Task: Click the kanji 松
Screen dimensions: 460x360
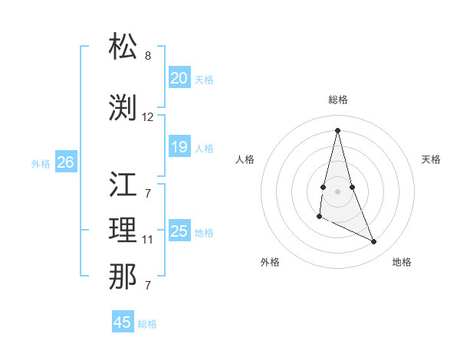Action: pos(123,47)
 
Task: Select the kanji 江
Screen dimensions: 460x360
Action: pos(123,184)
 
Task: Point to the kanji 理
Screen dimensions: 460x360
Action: pos(123,230)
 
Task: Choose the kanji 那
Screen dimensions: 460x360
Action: pos(123,277)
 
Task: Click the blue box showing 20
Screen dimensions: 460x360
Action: pos(179,78)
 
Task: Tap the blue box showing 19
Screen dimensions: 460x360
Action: pos(179,147)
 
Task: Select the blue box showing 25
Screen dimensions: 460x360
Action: pos(179,231)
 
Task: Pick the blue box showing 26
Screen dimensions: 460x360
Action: pos(66,162)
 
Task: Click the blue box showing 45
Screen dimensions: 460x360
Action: pos(123,322)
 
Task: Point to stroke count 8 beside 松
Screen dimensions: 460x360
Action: pos(148,56)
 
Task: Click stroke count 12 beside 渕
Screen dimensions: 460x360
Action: pos(148,117)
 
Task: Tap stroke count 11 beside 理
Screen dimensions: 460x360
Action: pos(148,240)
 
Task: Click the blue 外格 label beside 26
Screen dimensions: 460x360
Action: pos(41,163)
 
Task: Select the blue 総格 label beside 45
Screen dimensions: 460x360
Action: pos(147,324)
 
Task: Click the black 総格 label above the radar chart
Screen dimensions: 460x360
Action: pos(338,100)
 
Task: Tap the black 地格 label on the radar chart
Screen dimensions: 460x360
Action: pos(402,262)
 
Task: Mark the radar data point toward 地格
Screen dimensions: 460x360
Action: pos(374,242)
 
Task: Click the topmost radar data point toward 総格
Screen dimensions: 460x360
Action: pos(337,129)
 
